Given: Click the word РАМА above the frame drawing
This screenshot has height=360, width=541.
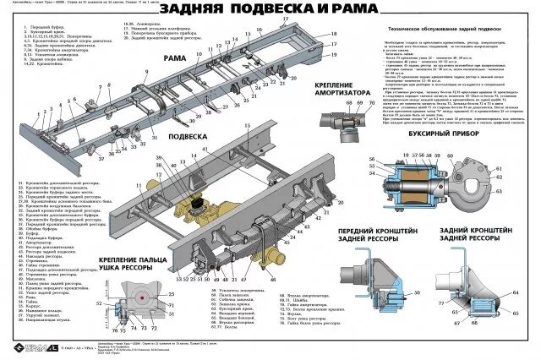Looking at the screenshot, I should pos(176,57).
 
